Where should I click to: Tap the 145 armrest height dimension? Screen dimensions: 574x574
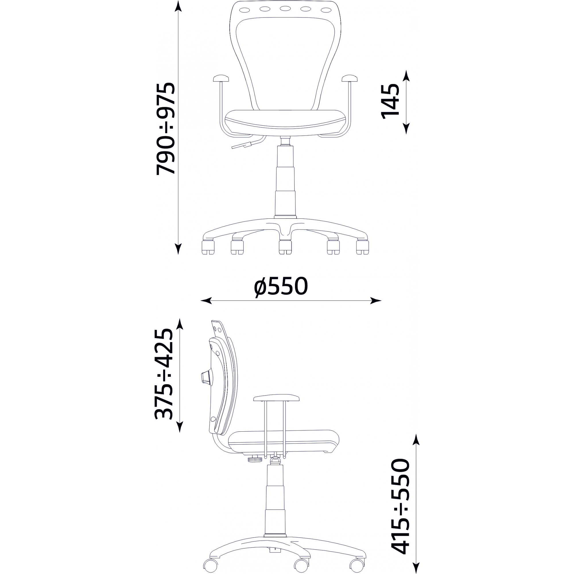click(x=390, y=101)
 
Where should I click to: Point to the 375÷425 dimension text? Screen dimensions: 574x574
click(x=164, y=374)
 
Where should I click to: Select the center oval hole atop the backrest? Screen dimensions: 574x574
click(x=285, y=9)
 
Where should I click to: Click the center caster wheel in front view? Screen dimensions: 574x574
click(x=285, y=247)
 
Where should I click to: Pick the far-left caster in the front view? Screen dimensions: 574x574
click(x=208, y=247)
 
